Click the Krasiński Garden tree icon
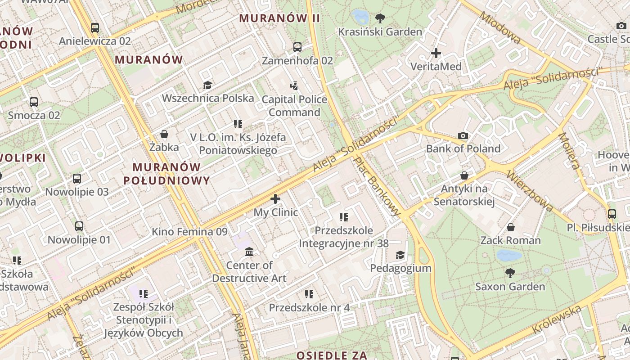pos(380,18)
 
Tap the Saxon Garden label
pos(510,287)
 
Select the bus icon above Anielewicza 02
pos(94,28)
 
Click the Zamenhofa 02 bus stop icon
pos(297,47)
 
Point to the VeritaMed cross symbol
pos(436,54)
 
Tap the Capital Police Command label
pos(294,106)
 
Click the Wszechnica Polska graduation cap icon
pos(207,85)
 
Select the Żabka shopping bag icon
pos(164,134)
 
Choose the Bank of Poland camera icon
pos(463,135)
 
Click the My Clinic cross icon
pos(275,199)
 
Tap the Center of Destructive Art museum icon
pos(249,252)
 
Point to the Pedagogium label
pos(400,268)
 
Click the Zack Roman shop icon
pos(510,227)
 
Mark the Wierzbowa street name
pos(529,190)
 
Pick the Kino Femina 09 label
pos(189,232)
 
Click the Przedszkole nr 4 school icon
pos(309,294)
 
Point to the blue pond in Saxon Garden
pos(509,256)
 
